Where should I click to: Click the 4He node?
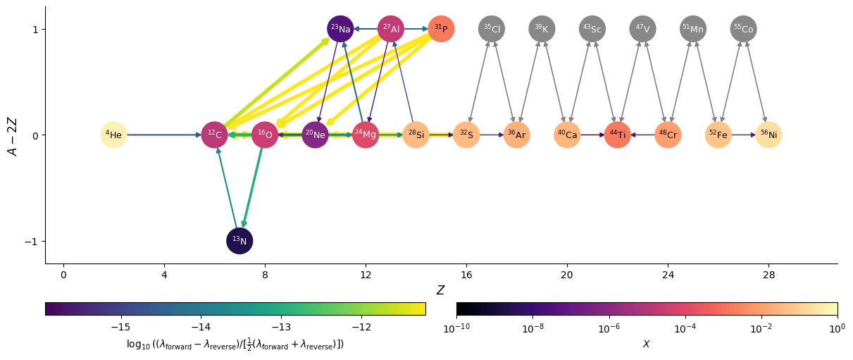point(113,135)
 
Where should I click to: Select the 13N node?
point(239,241)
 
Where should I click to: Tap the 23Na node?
point(340,29)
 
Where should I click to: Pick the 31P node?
point(441,29)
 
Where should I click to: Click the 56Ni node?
point(768,135)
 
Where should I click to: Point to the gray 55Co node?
point(743,29)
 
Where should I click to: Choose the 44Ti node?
point(617,135)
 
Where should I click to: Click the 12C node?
point(214,135)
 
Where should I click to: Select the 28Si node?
point(416,135)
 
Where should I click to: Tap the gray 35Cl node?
point(492,29)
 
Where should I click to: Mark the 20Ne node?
point(315,135)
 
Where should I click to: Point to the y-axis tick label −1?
point(32,241)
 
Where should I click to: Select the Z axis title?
point(440,290)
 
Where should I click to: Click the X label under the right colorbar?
point(647,344)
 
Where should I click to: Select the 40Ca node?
point(567,135)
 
